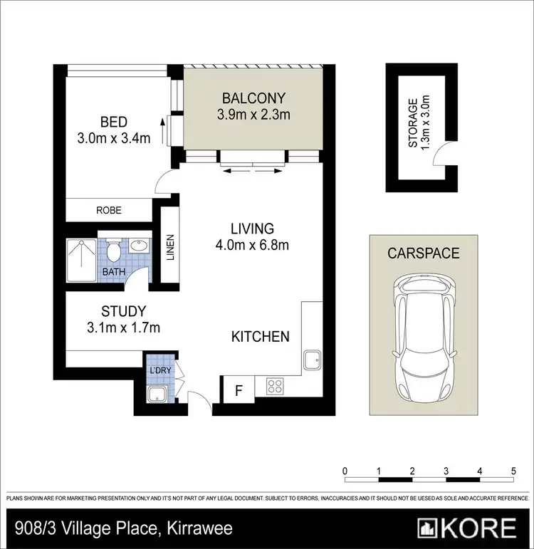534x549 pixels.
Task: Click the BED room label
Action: (114, 122)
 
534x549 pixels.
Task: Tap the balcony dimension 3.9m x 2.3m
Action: (253, 114)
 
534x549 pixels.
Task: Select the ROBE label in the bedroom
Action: (109, 210)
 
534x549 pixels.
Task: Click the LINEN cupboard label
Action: (170, 247)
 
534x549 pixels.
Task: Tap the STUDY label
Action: (123, 311)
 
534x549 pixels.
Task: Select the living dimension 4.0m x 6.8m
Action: (252, 246)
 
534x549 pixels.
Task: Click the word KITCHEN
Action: (261, 336)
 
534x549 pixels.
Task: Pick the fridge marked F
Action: (239, 389)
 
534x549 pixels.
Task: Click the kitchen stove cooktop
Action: (275, 386)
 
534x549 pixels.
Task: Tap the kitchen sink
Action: (313, 360)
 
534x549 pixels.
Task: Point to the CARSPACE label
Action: (423, 253)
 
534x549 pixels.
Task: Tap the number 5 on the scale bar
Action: (513, 471)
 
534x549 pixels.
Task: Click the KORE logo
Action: (468, 528)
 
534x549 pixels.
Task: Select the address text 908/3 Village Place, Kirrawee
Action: (123, 529)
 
